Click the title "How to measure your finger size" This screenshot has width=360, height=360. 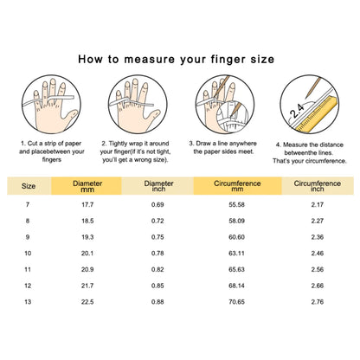pos(179,60)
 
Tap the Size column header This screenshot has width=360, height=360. pos(29,185)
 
